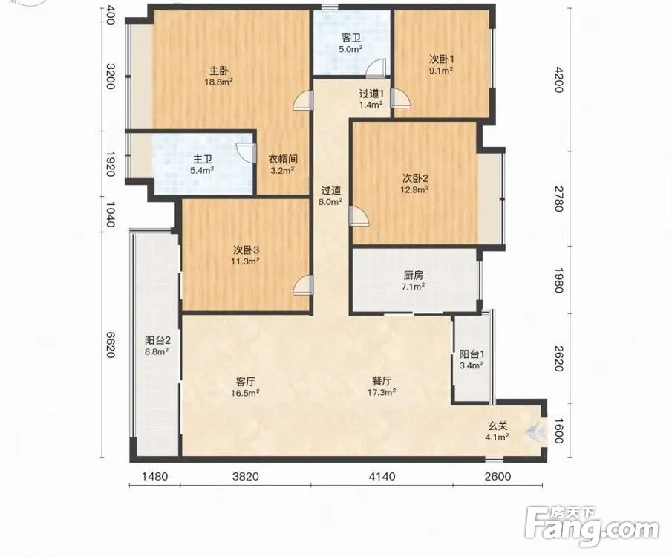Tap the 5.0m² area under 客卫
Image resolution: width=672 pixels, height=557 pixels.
click(x=350, y=49)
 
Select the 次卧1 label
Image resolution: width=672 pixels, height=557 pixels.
click(x=441, y=59)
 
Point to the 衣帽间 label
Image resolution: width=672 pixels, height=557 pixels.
click(x=283, y=159)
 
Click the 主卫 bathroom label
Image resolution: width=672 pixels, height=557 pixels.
click(x=202, y=160)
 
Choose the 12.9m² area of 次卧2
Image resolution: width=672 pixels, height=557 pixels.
click(x=415, y=189)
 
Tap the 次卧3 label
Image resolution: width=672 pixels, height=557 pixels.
click(x=246, y=250)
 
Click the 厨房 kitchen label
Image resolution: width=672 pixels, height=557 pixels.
click(x=413, y=276)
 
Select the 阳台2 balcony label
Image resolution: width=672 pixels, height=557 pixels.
click(x=157, y=341)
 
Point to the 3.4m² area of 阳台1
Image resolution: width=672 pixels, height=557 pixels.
click(x=472, y=365)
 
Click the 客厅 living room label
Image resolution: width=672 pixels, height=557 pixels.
click(x=246, y=381)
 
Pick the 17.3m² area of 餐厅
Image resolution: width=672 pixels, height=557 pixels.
click(x=382, y=392)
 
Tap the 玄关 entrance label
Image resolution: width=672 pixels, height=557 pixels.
click(x=498, y=426)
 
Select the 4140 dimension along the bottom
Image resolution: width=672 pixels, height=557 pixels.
click(x=382, y=476)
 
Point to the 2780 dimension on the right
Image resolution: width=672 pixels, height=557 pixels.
click(x=558, y=198)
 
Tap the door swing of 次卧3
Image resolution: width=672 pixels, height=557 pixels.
click(x=303, y=285)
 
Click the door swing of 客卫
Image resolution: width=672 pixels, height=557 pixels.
click(x=378, y=68)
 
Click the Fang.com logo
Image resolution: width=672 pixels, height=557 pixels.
click(x=592, y=526)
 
